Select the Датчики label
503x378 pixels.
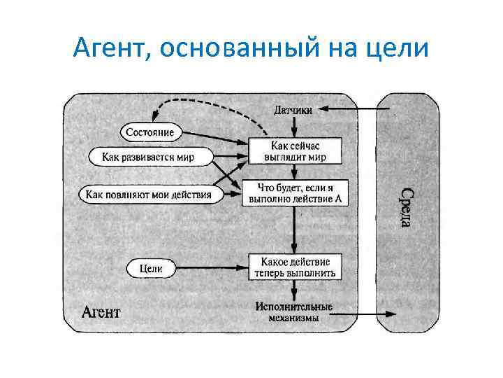(293, 109)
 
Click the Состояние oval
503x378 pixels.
(150, 132)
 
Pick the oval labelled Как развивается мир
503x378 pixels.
(148, 157)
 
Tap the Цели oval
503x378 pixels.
(151, 267)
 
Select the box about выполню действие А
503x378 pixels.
(294, 194)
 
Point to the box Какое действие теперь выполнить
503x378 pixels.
(294, 267)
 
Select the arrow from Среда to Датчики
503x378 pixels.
(349, 109)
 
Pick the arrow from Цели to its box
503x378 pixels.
(210, 267)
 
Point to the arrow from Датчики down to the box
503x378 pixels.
(294, 126)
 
